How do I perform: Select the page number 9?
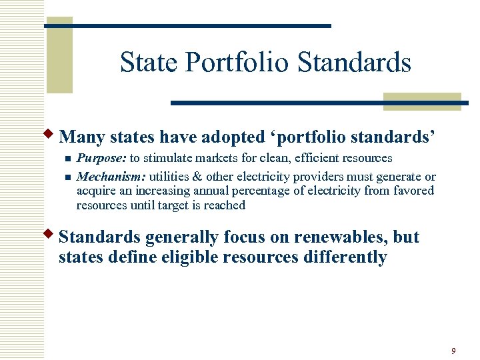(x=453, y=351)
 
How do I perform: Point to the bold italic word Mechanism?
(x=111, y=177)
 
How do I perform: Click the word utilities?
(x=169, y=177)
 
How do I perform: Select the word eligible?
(x=186, y=257)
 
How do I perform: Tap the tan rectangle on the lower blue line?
(x=422, y=101)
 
